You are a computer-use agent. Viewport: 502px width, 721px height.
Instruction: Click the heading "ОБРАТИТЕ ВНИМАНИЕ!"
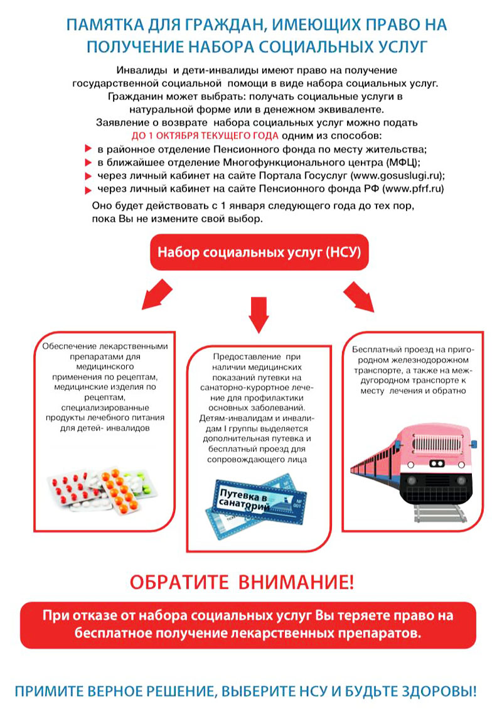(242, 582)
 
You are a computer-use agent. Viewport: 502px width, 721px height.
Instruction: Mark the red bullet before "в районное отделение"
(88, 149)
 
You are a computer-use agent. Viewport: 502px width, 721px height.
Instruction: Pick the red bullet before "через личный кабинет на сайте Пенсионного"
(88, 189)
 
